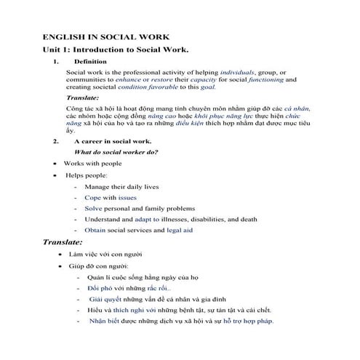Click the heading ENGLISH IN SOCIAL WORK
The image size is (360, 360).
[106, 36]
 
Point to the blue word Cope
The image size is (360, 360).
[92, 197]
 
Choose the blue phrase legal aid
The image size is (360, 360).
[180, 230]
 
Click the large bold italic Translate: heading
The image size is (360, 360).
[63, 241]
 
